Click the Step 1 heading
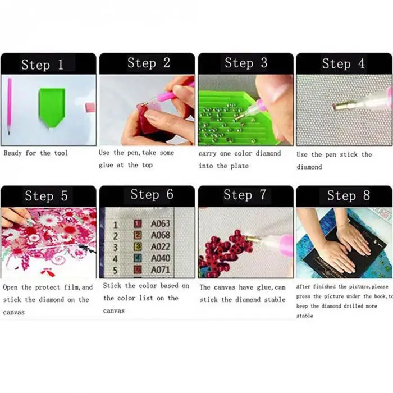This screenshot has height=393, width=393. [x=42, y=65]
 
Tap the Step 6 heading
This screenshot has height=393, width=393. [x=152, y=194]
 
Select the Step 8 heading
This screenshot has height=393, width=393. [x=349, y=195]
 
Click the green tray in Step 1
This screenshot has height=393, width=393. [x=52, y=107]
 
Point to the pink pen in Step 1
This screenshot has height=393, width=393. [x=10, y=106]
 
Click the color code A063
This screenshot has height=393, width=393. [x=161, y=223]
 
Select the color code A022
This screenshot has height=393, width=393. [x=161, y=247]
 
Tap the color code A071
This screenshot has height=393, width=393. [x=161, y=270]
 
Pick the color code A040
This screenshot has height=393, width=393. [x=161, y=258]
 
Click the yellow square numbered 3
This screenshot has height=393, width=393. [x=138, y=247]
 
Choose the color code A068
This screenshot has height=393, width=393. [x=161, y=235]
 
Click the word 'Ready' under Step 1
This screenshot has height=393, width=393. [x=13, y=153]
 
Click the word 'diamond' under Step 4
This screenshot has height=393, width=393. [x=309, y=167]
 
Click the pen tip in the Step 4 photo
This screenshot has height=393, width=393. [x=333, y=107]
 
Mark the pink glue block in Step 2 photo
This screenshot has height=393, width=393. [x=145, y=111]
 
